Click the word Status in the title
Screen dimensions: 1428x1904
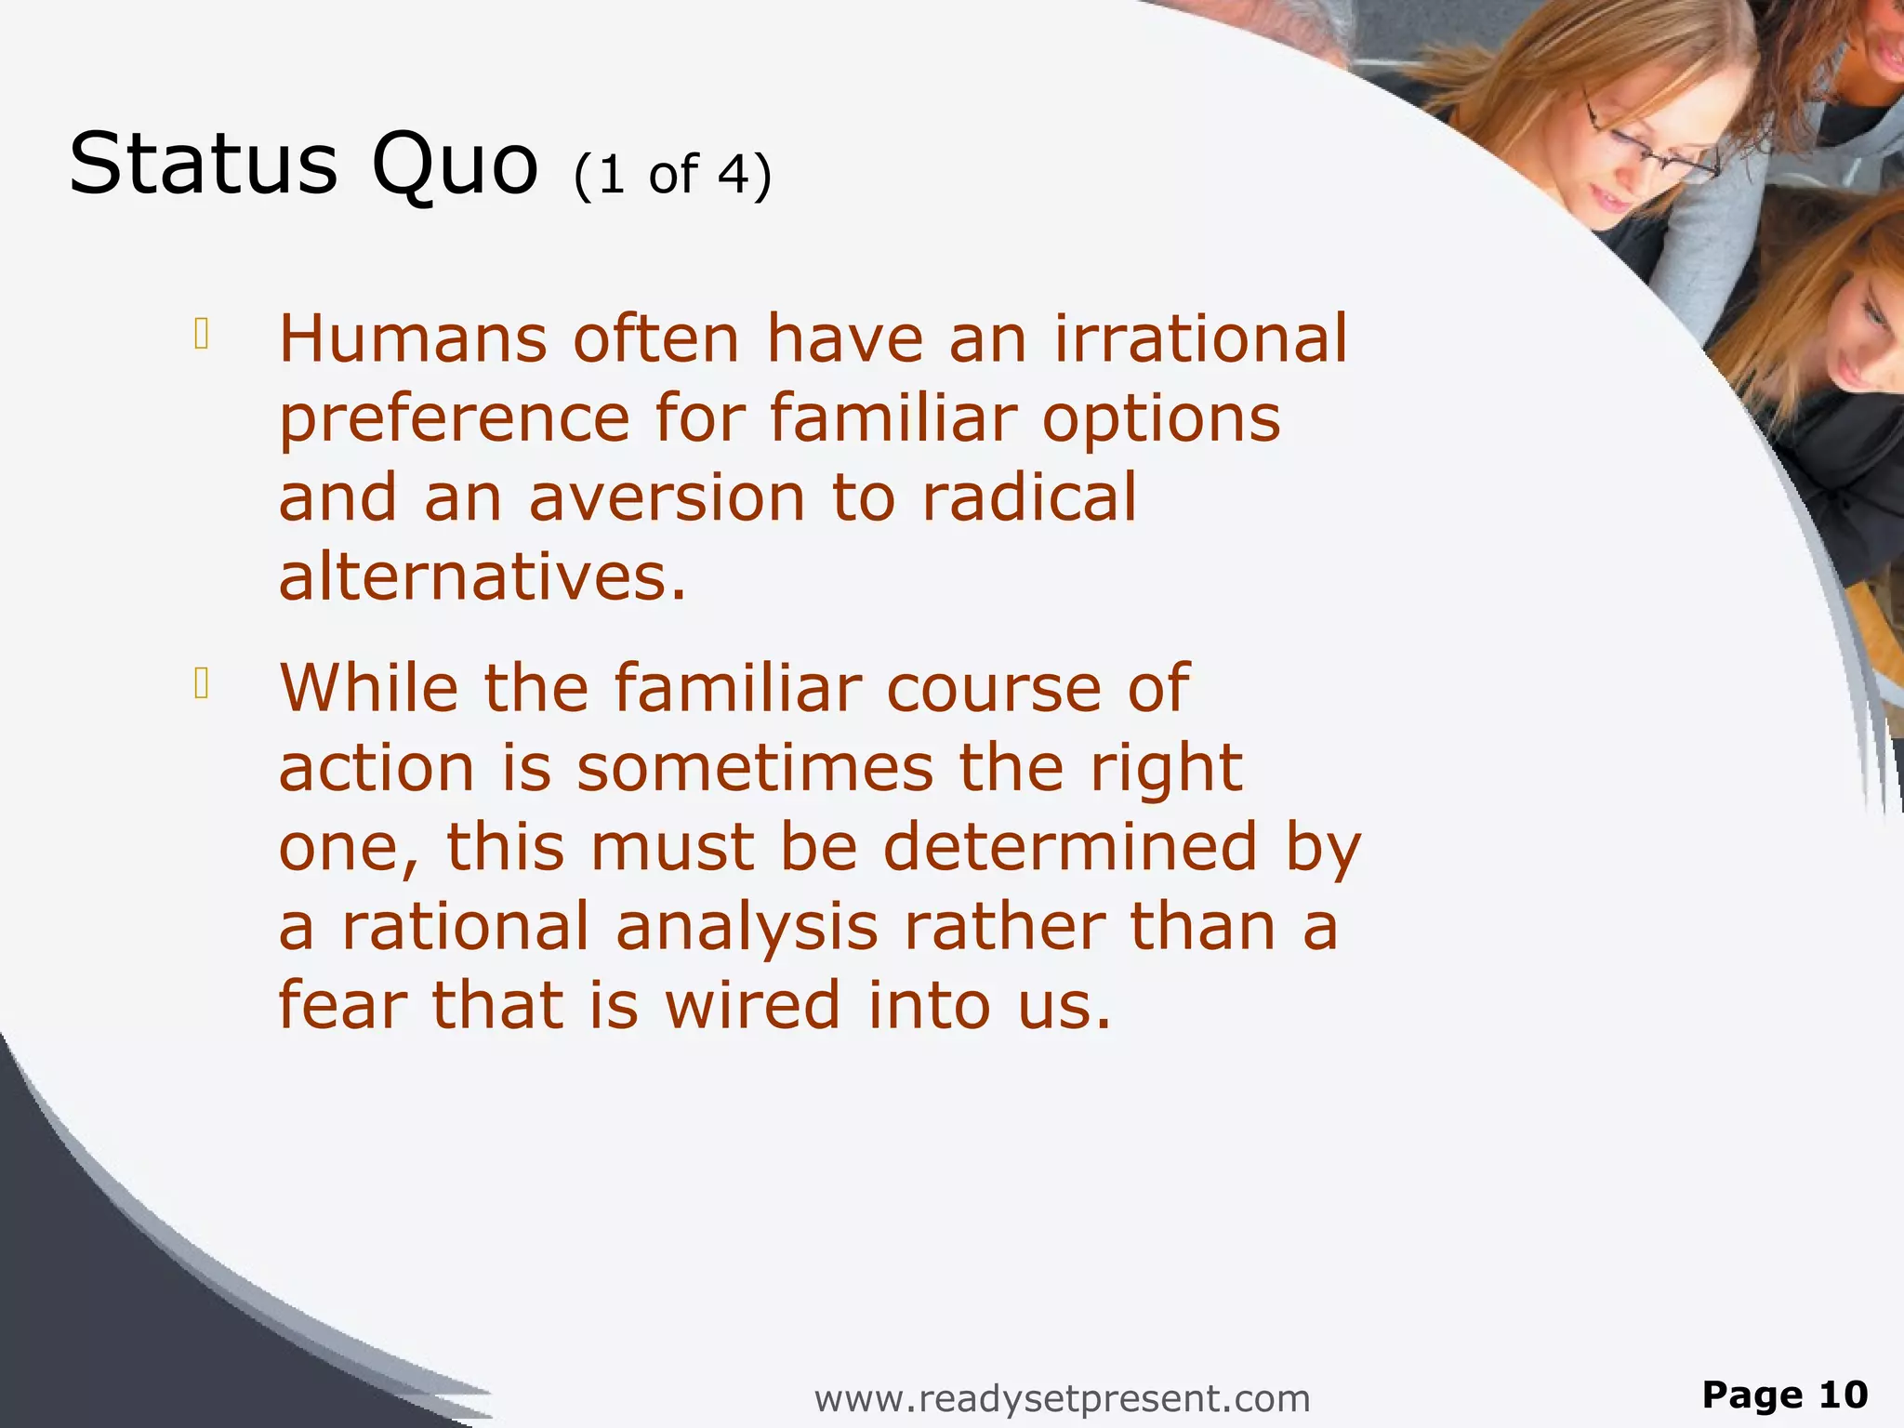click(x=203, y=165)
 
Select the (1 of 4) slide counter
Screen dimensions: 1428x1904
click(x=672, y=175)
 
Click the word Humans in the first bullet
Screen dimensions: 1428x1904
click(x=414, y=338)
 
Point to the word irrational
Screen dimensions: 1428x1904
click(x=1200, y=338)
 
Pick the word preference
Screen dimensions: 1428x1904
click(x=455, y=420)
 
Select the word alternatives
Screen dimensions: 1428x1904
click(x=483, y=577)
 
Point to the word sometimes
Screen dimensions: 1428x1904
click(x=755, y=769)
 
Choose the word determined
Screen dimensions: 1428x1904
click(x=1070, y=848)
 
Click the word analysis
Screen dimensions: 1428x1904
click(x=747, y=928)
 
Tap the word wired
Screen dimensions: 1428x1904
click(x=752, y=1007)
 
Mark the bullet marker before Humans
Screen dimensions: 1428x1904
click(x=201, y=334)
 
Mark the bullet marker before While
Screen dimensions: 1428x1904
click(x=201, y=683)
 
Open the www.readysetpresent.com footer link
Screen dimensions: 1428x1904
click(x=1062, y=1398)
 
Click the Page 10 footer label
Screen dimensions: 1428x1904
click(x=1784, y=1395)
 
